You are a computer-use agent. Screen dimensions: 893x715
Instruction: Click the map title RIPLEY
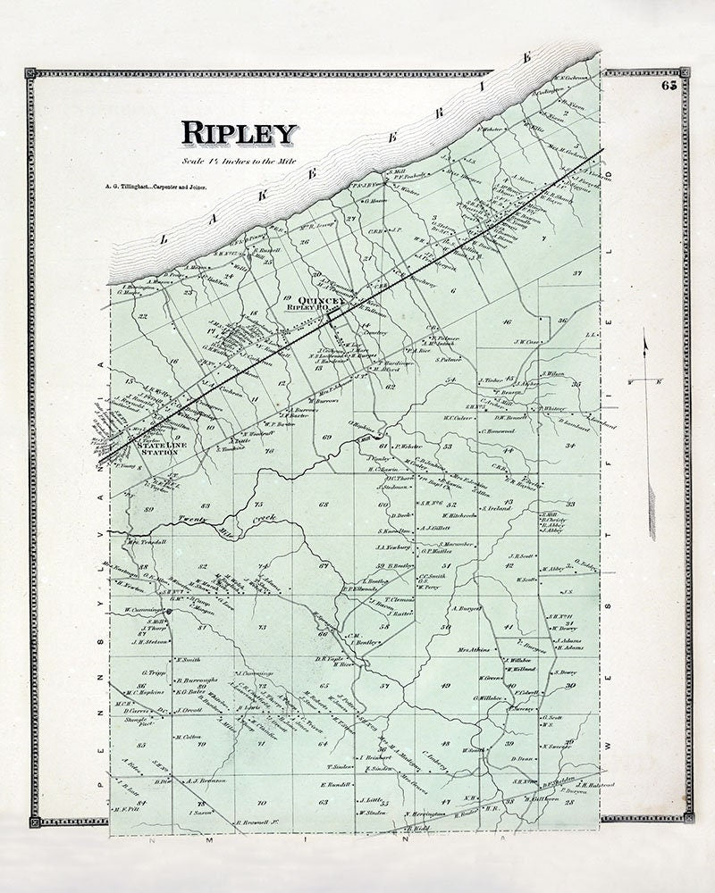(x=239, y=132)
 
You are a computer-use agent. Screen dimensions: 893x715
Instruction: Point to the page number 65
(x=670, y=86)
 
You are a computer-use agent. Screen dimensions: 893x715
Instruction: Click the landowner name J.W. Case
(x=527, y=341)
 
